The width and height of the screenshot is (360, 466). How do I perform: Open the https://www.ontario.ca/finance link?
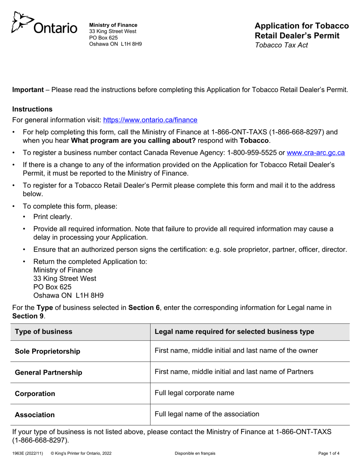(150, 120)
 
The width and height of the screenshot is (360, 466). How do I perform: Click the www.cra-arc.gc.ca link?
(316, 153)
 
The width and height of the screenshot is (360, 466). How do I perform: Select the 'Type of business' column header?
(44, 332)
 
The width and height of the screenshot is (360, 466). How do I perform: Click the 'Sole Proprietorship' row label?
(47, 352)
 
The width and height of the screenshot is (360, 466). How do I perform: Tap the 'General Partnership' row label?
(49, 372)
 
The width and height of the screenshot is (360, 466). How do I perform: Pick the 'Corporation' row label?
(35, 394)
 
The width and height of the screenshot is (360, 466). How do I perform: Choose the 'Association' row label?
(34, 415)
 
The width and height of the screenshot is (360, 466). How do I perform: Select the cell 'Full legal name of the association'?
(207, 414)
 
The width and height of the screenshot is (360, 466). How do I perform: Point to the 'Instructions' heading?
(33, 109)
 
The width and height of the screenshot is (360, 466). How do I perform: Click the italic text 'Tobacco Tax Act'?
(281, 45)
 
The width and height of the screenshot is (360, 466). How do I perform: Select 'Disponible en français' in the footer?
(195, 453)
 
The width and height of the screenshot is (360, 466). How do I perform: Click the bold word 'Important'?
(28, 90)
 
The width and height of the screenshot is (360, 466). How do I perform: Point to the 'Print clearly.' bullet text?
(53, 217)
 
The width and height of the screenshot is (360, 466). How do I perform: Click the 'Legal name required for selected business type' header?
(234, 332)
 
